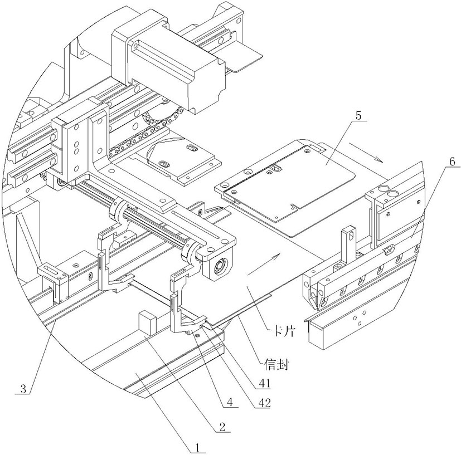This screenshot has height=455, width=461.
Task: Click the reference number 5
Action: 358,115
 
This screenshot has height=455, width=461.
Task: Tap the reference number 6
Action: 452,162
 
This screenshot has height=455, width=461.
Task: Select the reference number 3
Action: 23,389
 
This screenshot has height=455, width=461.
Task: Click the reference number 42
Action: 264,403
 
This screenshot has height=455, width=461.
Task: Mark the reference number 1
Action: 197,448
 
